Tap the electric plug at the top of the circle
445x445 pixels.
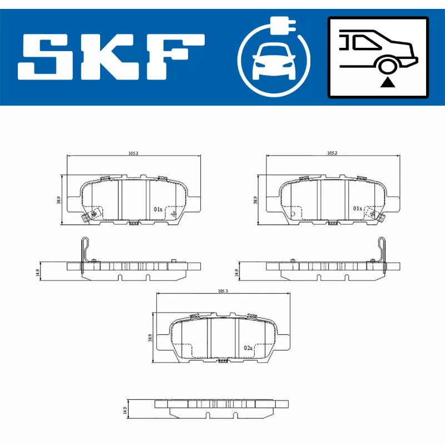(x=283, y=25)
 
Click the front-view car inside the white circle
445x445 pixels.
(x=274, y=62)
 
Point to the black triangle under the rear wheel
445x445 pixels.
(x=387, y=82)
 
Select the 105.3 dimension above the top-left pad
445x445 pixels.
(x=133, y=154)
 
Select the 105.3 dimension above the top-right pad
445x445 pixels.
(x=332, y=153)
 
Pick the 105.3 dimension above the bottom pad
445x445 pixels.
(x=223, y=291)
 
